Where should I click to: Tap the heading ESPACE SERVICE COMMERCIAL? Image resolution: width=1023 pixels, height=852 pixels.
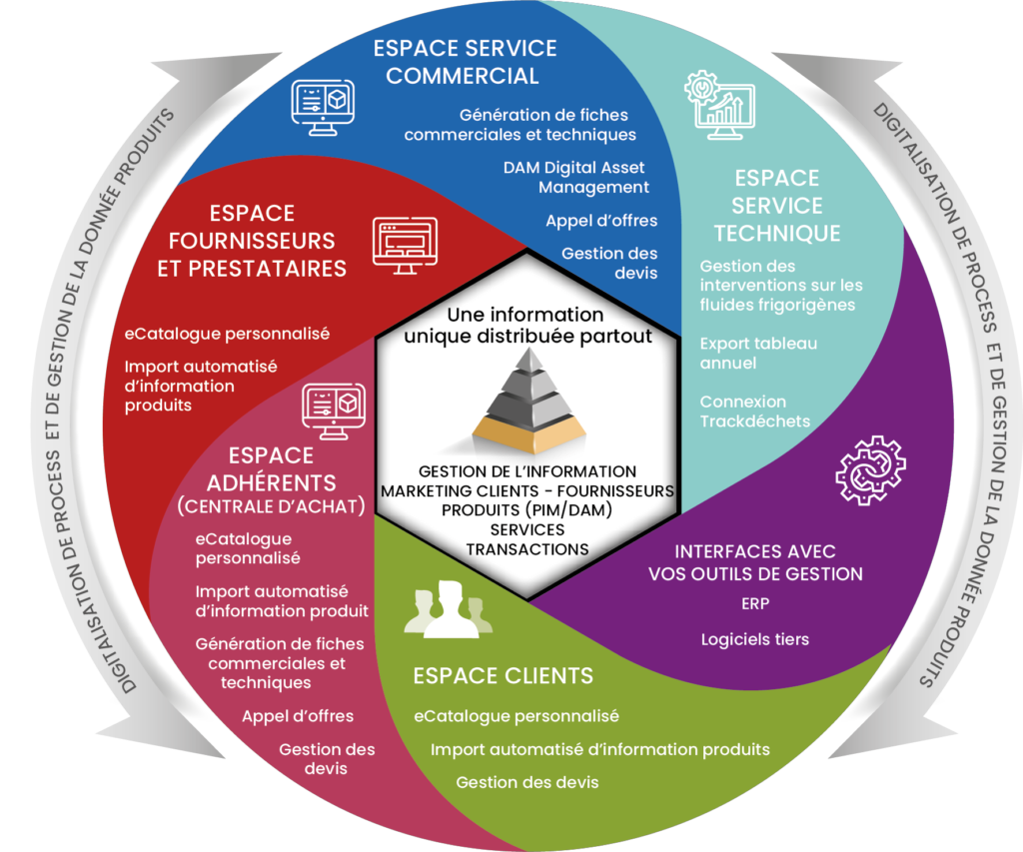click(x=465, y=61)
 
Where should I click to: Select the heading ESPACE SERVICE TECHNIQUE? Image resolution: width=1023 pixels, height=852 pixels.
click(x=776, y=206)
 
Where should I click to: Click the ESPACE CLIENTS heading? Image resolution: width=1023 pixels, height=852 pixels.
click(x=503, y=675)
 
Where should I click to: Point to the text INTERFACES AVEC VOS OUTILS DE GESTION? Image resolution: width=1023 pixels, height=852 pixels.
click(x=754, y=562)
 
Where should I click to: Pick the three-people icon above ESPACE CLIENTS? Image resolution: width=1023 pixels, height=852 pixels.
click(x=449, y=610)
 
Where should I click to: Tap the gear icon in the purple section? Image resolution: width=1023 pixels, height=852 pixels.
click(x=870, y=467)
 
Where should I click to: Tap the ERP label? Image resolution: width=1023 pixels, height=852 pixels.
click(x=754, y=603)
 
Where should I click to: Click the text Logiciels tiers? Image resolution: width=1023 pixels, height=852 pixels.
click(x=754, y=639)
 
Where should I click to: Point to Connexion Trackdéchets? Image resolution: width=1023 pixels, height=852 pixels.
click(x=755, y=411)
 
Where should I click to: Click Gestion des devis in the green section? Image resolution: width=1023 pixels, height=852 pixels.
click(x=526, y=782)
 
